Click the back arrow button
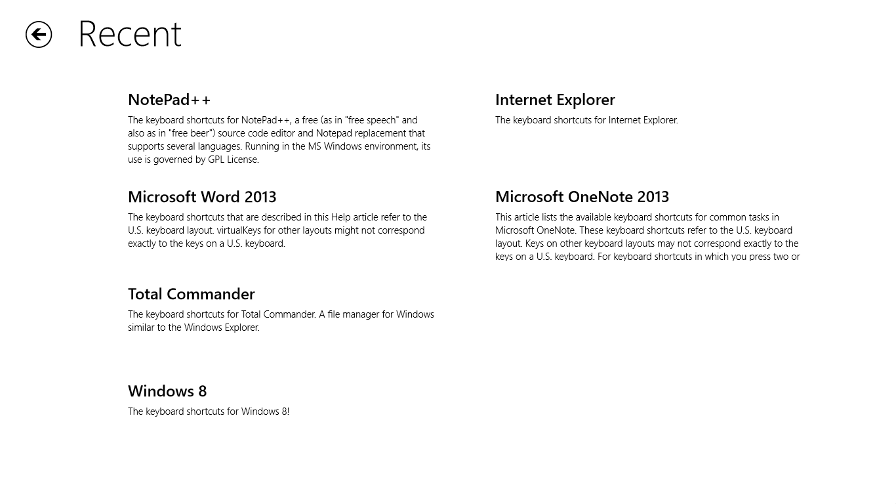(x=39, y=35)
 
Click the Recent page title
(x=130, y=34)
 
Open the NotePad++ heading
(x=169, y=100)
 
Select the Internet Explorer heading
(x=555, y=100)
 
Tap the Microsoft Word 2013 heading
(x=202, y=197)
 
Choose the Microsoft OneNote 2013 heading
(x=582, y=197)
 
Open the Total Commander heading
(x=191, y=294)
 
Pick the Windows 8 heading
(x=167, y=391)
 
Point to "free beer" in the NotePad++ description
(x=191, y=133)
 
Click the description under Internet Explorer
(x=586, y=120)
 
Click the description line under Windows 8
(x=209, y=411)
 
